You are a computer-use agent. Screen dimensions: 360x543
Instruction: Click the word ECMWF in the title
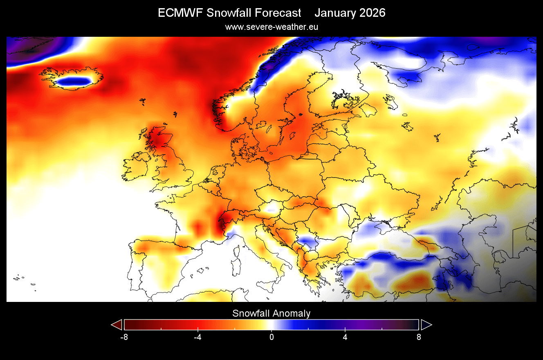pos(180,13)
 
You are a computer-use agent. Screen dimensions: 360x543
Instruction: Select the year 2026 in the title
pos(372,13)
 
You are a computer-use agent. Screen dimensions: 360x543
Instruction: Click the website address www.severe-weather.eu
pos(271,27)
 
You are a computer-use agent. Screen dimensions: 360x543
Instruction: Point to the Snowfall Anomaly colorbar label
pos(271,314)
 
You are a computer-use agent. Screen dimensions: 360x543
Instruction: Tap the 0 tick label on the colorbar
pos(271,337)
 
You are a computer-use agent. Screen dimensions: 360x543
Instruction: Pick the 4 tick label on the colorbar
pos(345,337)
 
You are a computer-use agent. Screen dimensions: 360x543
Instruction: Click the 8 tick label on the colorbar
pos(419,337)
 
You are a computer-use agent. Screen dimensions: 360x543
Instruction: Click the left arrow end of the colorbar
pos(117,325)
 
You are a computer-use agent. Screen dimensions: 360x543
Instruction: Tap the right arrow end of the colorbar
pos(426,325)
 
